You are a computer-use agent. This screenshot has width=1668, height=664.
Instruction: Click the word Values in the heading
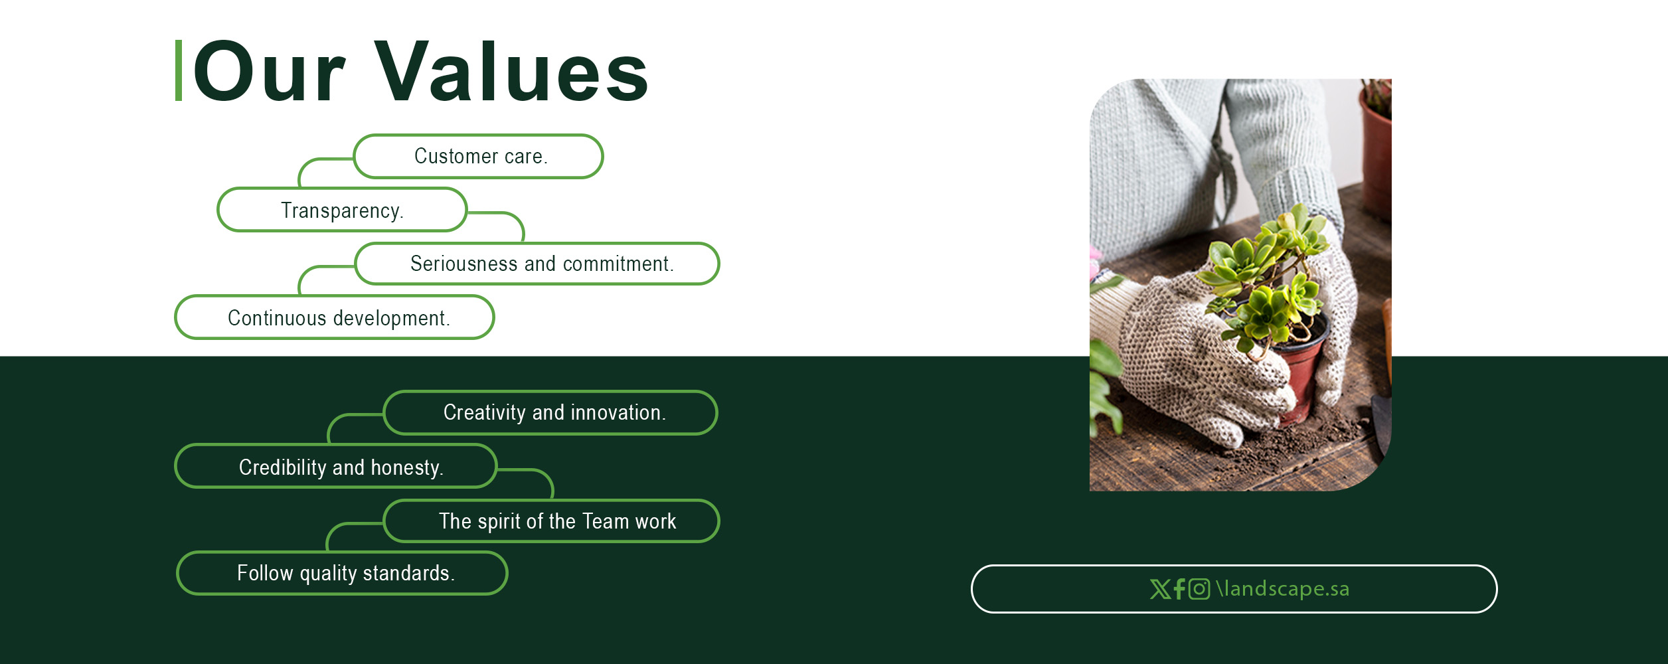[512, 72]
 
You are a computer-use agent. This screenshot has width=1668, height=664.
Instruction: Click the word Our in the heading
[269, 72]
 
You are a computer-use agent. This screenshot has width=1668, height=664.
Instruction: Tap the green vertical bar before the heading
[179, 70]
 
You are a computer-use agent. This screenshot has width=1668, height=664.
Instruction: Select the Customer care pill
[478, 157]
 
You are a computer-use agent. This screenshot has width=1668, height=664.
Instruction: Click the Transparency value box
[342, 210]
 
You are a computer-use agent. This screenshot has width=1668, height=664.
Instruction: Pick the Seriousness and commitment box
[537, 264]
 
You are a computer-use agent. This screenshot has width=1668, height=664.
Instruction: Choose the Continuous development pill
[335, 317]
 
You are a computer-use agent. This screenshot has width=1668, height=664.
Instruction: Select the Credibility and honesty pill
[336, 466]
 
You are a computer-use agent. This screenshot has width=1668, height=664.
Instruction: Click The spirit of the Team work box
[551, 521]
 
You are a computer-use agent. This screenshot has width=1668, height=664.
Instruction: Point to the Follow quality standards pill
[342, 573]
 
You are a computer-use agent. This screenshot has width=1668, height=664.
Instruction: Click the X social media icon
[1160, 589]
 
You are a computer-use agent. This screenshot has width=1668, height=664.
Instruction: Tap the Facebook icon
[1179, 589]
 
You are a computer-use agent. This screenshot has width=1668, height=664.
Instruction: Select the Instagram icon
[1199, 589]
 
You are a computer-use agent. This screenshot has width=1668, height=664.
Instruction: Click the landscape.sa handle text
[1283, 589]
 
